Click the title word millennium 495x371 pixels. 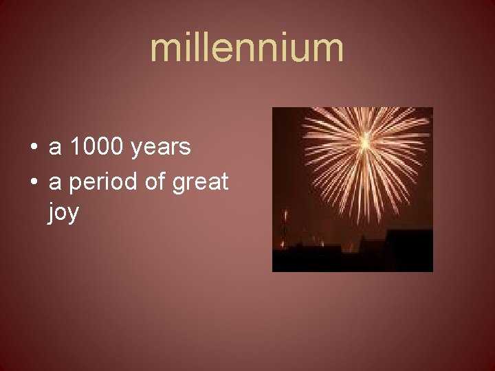pos(247,48)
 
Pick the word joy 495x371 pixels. pos(63,214)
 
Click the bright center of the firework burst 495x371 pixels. pos(365,142)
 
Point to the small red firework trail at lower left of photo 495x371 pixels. pos(285,227)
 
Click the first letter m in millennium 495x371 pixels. pos(165,49)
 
